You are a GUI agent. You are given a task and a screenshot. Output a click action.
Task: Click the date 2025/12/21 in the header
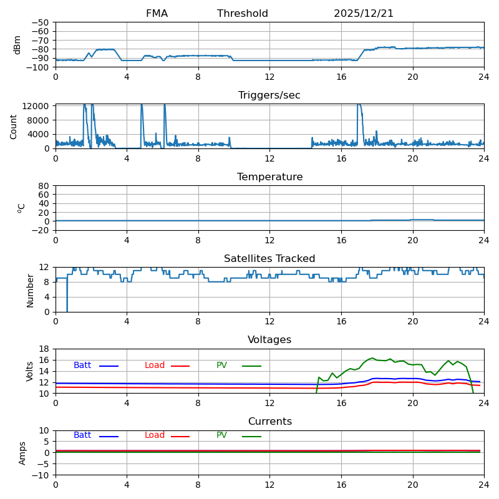pos(364,14)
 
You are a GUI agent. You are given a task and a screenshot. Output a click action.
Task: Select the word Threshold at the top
pos(243,14)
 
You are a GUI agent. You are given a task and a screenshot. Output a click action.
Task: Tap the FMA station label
pos(157,14)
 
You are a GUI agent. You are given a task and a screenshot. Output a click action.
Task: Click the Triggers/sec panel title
pos(269,95)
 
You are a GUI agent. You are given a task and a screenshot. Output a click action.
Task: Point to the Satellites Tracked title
pos(269,259)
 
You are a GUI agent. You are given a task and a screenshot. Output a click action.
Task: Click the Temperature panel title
pos(269,177)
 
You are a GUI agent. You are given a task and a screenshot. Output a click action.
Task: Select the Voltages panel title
pos(269,340)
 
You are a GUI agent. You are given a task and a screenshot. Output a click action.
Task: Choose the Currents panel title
pos(269,422)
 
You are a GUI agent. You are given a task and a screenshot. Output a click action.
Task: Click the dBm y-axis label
pos(17,45)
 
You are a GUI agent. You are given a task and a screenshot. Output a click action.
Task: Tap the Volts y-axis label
pos(30,371)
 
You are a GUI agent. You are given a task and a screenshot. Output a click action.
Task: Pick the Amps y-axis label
pos(23,453)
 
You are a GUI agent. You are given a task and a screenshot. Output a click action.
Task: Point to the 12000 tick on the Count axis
pos(37,106)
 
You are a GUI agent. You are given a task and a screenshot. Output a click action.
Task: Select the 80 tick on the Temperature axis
pos(44,186)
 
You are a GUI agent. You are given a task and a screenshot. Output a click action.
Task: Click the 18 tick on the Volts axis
pos(44,349)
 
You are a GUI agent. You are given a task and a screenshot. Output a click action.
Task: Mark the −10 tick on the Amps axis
pos(39,475)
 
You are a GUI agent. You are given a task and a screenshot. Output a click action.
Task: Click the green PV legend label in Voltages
pos(221,366)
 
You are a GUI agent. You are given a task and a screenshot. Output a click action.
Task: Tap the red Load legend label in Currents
pos(155,435)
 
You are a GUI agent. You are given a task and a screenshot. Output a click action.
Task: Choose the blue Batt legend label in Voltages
pos(82,366)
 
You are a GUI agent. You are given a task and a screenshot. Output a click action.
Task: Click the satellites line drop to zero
pos(67,309)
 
